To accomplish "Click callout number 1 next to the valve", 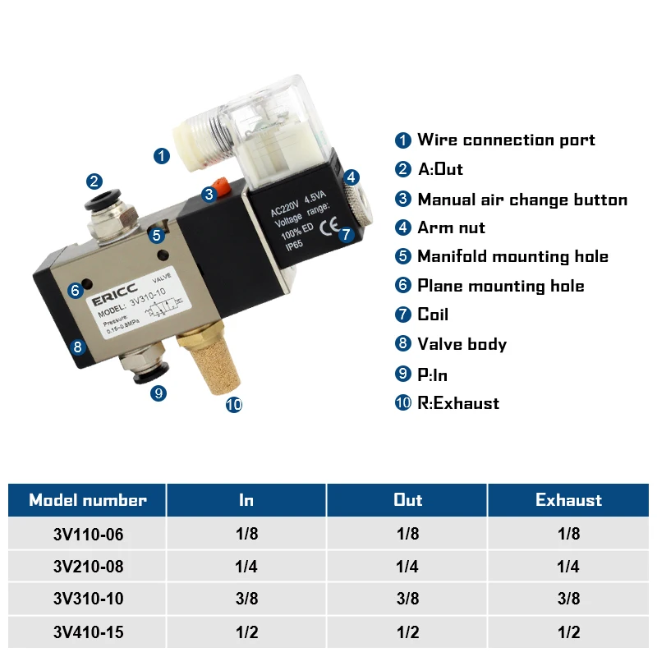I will point(162,154).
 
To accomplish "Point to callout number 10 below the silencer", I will point(234,404).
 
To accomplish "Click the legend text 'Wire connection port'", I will point(506,140).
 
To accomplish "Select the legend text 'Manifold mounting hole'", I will point(512,256).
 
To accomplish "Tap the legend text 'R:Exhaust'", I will point(458,403).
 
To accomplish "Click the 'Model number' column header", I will point(88,500).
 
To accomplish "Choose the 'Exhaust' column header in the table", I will point(568,500).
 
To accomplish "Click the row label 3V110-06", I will point(88,534).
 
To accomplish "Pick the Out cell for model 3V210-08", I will point(407,567).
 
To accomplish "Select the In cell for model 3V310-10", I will point(246,599).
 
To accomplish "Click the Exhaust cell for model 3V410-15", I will point(568,632).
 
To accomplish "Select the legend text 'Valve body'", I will point(462,344).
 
